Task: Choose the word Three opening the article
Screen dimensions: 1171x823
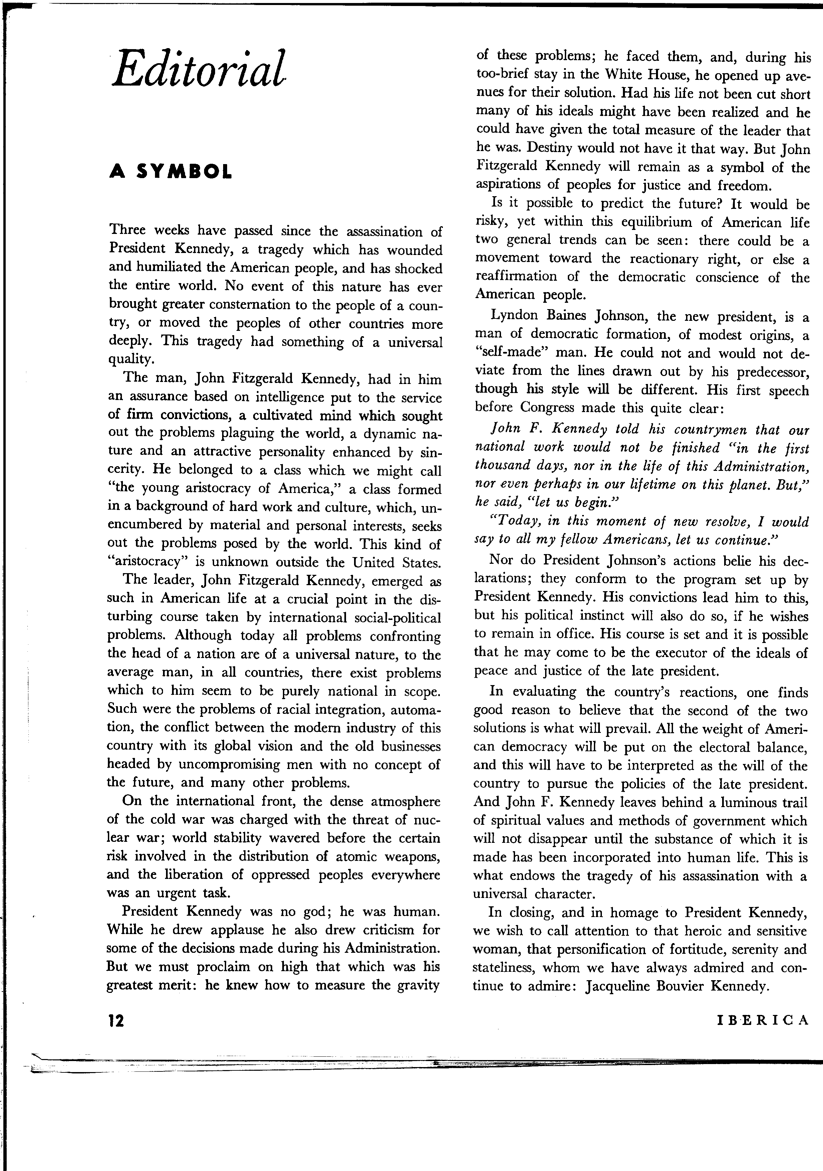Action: [x=127, y=231]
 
